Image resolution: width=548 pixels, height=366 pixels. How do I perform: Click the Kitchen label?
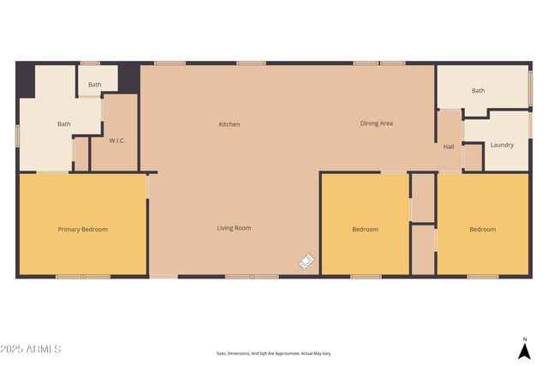[229, 124]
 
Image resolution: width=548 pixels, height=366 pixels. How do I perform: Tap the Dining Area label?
[376, 123]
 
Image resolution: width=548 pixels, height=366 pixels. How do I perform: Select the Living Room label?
[233, 228]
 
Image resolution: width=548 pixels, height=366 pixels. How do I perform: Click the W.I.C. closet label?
[117, 141]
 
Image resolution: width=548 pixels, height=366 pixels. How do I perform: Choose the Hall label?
[449, 147]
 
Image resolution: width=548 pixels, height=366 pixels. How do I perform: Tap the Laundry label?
[502, 145]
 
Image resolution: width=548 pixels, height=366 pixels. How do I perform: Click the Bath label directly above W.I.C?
[94, 85]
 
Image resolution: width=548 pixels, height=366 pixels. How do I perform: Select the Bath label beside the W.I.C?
[64, 124]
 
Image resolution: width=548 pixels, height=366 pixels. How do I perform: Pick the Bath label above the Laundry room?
[478, 91]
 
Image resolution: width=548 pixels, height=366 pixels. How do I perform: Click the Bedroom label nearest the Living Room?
[365, 230]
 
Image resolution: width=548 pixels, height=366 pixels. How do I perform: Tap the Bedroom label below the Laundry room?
[482, 230]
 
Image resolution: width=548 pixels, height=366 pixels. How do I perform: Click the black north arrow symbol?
[524, 350]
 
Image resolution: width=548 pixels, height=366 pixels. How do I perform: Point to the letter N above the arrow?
[524, 339]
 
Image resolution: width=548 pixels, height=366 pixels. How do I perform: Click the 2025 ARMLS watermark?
[31, 350]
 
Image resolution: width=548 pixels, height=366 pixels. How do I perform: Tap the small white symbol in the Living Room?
[307, 261]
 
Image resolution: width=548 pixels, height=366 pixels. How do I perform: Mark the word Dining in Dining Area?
[369, 123]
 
